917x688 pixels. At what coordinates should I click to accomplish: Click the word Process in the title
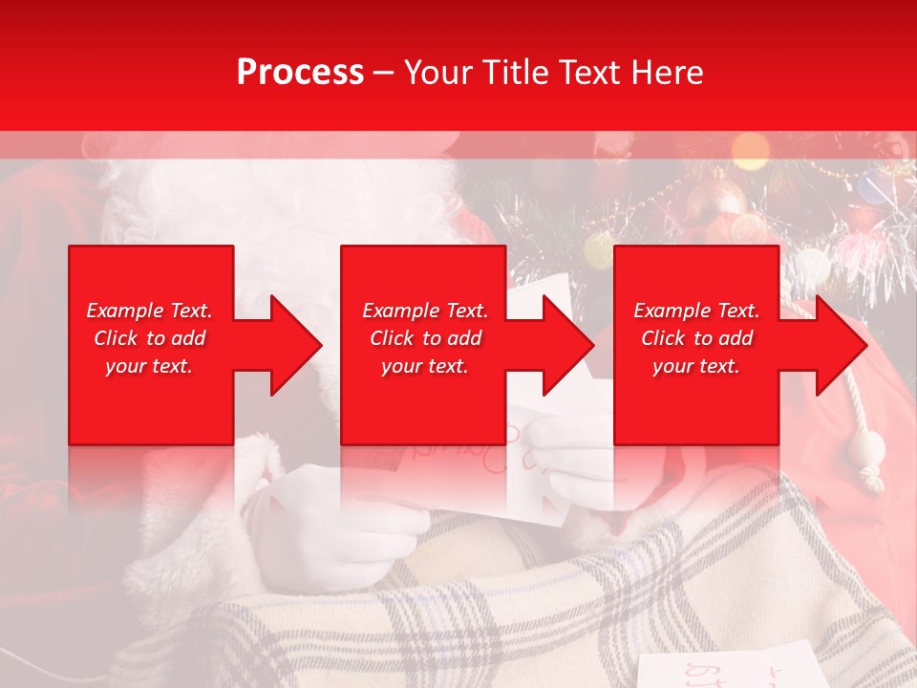(300, 73)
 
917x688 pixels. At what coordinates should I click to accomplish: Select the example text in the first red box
(149, 338)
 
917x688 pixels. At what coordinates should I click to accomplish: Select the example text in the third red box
(696, 338)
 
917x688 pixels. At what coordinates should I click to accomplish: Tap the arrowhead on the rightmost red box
(837, 345)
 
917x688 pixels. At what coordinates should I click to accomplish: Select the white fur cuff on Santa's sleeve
(191, 535)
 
